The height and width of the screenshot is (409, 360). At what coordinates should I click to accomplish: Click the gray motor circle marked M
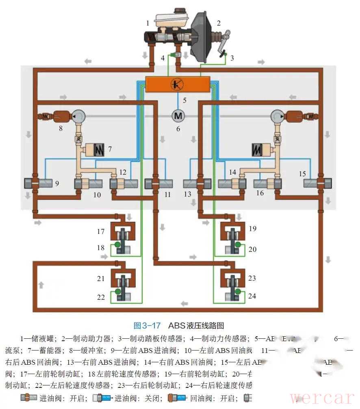(178, 115)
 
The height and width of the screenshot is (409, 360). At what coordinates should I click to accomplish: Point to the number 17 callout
(101, 232)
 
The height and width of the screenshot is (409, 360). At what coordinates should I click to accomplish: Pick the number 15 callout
(302, 174)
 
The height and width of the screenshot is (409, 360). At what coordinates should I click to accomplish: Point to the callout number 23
(252, 278)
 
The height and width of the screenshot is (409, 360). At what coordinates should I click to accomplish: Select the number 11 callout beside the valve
(167, 195)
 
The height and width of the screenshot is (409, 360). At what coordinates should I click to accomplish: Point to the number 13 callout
(187, 195)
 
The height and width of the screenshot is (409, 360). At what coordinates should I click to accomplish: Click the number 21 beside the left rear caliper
(101, 279)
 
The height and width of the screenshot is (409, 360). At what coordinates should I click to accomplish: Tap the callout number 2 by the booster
(219, 23)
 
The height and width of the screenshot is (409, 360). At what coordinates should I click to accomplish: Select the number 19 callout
(252, 229)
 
